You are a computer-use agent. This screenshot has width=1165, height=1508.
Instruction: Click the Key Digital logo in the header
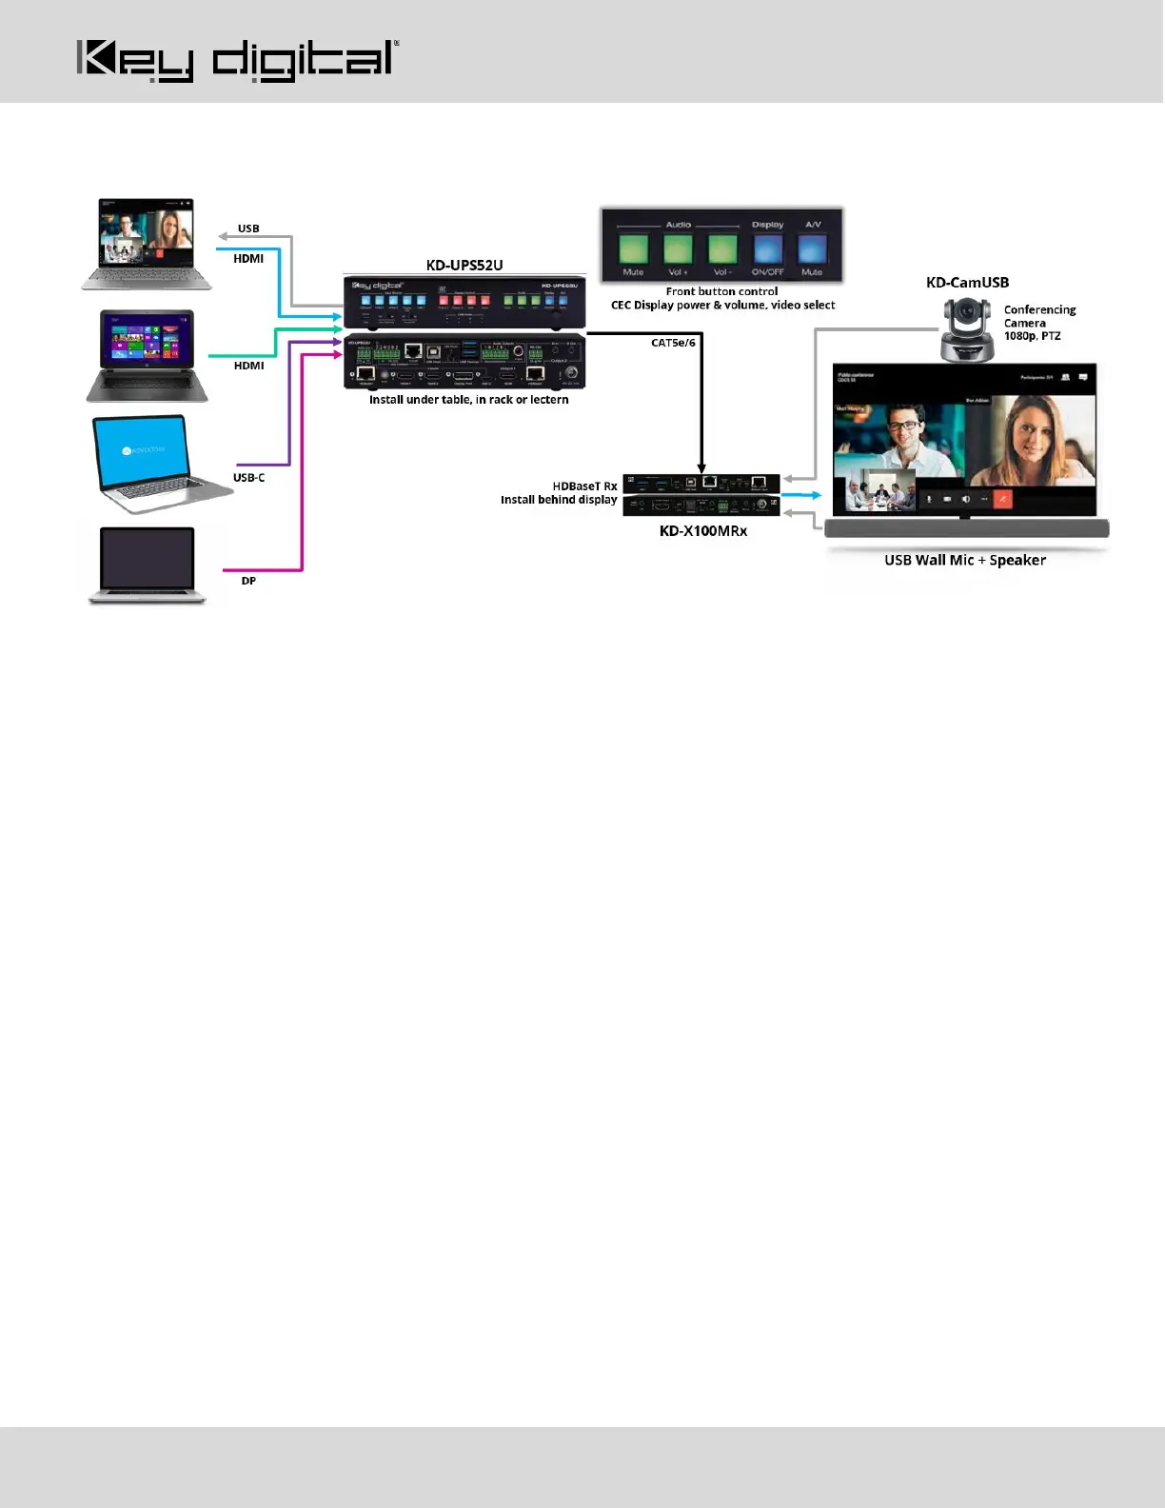pyautogui.click(x=236, y=60)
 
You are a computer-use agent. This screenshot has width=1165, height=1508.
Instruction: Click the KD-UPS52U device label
pyautogui.click(x=464, y=266)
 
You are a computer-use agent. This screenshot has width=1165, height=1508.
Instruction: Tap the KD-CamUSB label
pyautogui.click(x=967, y=283)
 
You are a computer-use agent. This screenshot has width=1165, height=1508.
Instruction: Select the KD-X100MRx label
pyautogui.click(x=703, y=531)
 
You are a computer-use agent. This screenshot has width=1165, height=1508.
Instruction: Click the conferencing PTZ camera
pyautogui.click(x=967, y=329)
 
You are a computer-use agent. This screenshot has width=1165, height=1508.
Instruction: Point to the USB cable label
pyautogui.click(x=248, y=228)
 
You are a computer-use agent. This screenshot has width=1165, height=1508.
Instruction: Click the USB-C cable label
pyautogui.click(x=248, y=478)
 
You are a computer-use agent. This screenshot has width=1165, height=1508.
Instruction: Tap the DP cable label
pyautogui.click(x=248, y=581)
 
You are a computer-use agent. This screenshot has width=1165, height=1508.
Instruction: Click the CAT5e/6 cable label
pyautogui.click(x=673, y=343)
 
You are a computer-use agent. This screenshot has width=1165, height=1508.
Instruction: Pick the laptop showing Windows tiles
pyautogui.click(x=148, y=354)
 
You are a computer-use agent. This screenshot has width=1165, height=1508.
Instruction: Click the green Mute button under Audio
pyautogui.click(x=633, y=249)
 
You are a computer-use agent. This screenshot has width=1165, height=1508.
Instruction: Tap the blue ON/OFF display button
pyautogui.click(x=767, y=249)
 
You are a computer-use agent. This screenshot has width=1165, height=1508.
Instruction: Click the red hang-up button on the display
pyautogui.click(x=1001, y=498)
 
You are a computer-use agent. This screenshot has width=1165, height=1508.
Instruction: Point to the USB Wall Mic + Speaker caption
pyautogui.click(x=965, y=560)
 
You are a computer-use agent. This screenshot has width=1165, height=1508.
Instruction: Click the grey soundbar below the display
pyautogui.click(x=966, y=529)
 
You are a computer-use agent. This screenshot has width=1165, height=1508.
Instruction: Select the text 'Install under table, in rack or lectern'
pyautogui.click(x=468, y=400)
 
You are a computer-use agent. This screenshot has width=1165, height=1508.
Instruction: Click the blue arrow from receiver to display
pyautogui.click(x=801, y=495)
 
